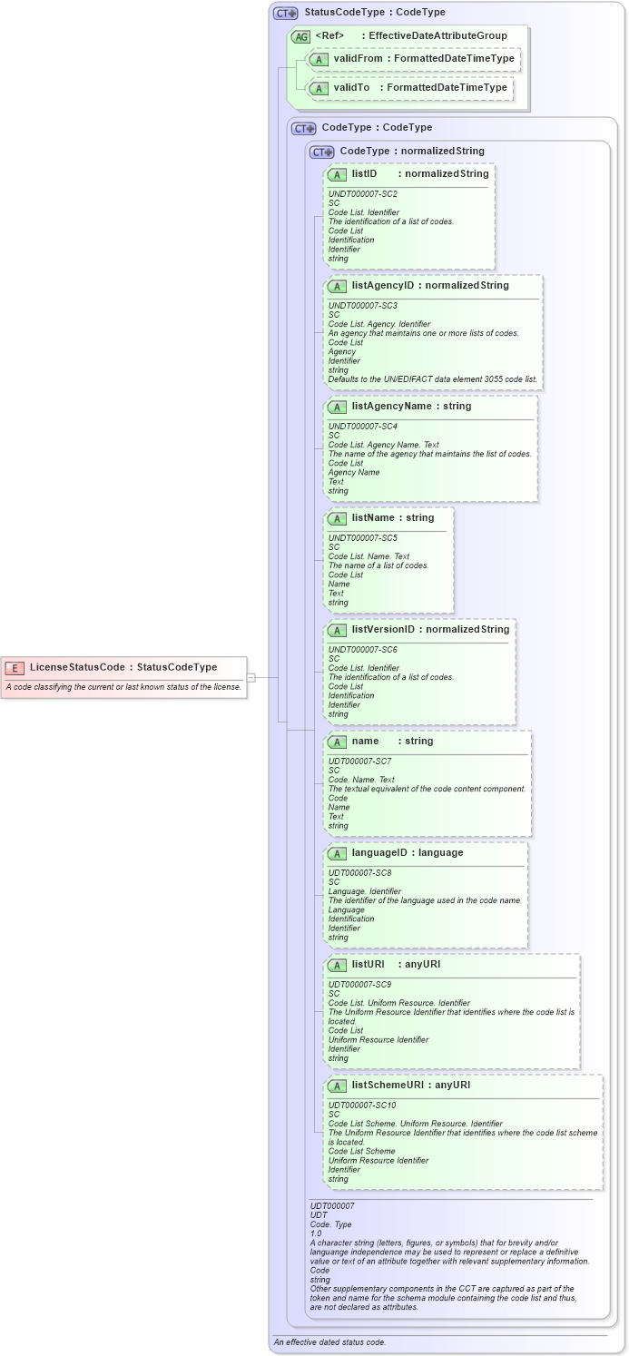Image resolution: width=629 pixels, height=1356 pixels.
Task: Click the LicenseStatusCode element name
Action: pos(77,667)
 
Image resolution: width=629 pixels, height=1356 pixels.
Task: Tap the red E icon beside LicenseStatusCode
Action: pos(15,668)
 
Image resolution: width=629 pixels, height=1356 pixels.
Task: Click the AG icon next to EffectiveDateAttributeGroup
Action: pos(300,36)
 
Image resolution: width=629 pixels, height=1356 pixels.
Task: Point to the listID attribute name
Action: pos(364,173)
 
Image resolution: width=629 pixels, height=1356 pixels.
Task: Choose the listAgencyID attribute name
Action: pos(382,285)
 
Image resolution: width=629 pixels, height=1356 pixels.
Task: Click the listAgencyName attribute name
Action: pos(391,406)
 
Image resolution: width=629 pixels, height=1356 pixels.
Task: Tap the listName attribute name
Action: pos(374,517)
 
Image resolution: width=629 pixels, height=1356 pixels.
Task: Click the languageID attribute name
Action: pos(381,852)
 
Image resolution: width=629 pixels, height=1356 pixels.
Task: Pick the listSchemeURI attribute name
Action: pos(390,1085)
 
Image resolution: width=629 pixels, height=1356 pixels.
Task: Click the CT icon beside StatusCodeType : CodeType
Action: pos(285,14)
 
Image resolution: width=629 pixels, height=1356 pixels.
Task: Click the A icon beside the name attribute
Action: pos(337,742)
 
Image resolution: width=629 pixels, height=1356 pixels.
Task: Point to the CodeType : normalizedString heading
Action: pos(412,151)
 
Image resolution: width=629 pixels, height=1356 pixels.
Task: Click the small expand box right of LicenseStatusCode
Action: pos(251,677)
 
